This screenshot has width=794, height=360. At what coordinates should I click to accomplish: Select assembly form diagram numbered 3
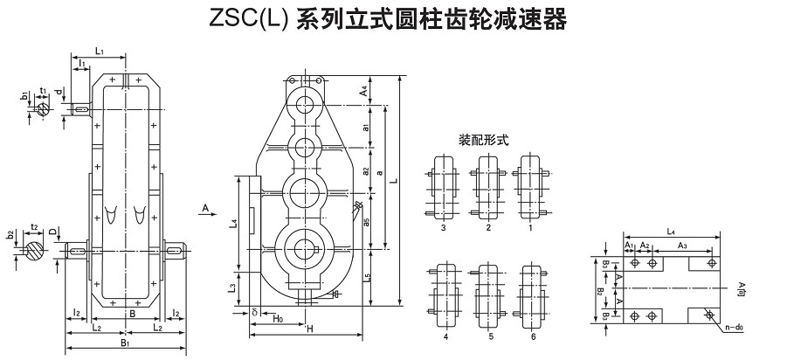click(444, 189)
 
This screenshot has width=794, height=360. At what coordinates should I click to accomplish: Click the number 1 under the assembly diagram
click(529, 227)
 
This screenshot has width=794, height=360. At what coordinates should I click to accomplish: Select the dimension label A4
click(364, 89)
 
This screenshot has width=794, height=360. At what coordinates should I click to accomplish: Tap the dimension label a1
click(364, 128)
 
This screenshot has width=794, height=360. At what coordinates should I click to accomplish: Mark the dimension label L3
click(231, 287)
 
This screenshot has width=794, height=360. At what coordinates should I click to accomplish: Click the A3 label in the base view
click(681, 246)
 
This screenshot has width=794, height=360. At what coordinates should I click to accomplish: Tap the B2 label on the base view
click(601, 291)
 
